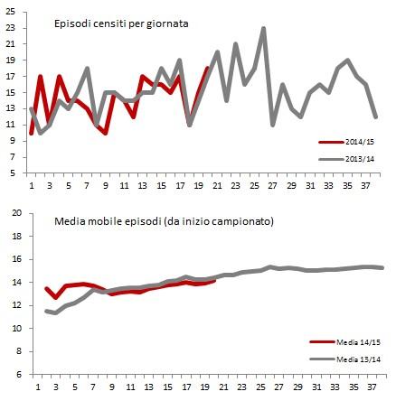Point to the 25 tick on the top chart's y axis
[x=14, y=13]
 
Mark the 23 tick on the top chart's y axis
[x=14, y=29]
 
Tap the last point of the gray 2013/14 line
[x=376, y=117]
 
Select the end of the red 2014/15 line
[x=208, y=69]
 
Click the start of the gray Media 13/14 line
[x=46, y=311]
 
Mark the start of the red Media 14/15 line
[x=46, y=288]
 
